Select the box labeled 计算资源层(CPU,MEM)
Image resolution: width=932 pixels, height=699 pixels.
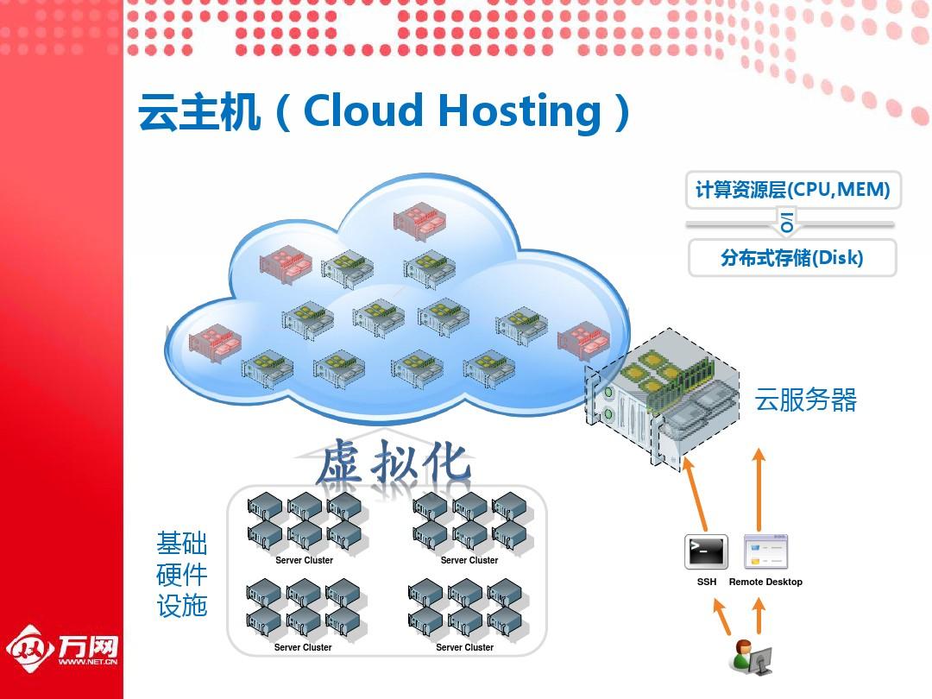coord(793,189)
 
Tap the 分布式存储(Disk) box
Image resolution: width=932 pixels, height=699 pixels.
coord(792,257)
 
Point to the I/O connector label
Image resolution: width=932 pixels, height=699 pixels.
coord(787,222)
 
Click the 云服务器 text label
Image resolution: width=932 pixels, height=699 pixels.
coord(806,400)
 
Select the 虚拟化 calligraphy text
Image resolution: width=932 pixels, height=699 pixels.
coord(394,463)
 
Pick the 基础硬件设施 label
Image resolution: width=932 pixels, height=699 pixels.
coord(182,574)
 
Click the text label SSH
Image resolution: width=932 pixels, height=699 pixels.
coord(707,582)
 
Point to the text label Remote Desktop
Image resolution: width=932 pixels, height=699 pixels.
coord(765,582)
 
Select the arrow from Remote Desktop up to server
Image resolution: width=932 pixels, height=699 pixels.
coord(759,488)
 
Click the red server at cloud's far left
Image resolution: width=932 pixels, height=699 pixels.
coord(211,343)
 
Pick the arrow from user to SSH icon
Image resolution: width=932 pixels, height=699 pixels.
coord(722,616)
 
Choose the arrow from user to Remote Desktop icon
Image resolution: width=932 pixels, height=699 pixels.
coord(759,616)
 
